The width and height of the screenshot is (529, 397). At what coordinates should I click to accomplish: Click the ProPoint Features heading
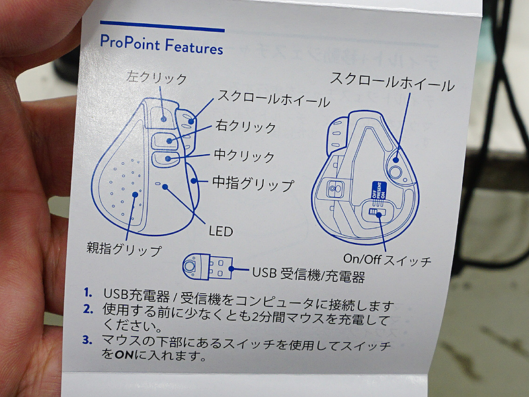[x=161, y=45]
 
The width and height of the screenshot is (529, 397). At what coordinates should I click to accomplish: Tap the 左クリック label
[x=157, y=77]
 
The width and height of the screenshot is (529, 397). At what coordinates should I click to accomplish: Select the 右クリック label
[x=246, y=126]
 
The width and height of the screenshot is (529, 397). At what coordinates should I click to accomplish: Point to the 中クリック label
[x=245, y=156]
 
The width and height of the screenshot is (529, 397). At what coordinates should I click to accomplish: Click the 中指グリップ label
[x=253, y=184]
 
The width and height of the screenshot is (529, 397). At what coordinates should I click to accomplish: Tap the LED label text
[x=221, y=231]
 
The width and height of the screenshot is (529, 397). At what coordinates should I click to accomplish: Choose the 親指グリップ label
[x=124, y=249]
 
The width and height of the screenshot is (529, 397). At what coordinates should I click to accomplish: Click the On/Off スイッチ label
[x=387, y=259]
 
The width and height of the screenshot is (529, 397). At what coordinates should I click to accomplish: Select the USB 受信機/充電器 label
[x=309, y=275]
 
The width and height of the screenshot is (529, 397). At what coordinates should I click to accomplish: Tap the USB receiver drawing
[x=208, y=267]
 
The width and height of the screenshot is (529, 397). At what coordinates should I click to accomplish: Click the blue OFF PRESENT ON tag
[x=378, y=191]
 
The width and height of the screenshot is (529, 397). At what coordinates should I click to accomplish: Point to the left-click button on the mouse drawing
[x=161, y=117]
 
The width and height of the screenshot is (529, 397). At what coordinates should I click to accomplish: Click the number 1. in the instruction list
[x=88, y=292]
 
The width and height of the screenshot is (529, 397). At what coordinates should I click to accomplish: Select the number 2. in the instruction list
[x=88, y=308]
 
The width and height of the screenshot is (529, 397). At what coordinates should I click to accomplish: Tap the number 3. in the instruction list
[x=87, y=339]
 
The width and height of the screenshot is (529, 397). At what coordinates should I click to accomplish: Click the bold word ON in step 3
[x=124, y=355]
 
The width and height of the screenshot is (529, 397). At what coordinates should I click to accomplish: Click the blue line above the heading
[x=162, y=26]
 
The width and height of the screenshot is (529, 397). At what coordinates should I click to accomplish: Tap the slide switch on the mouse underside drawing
[x=376, y=212]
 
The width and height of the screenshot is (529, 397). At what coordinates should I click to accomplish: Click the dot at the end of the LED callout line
[x=165, y=187]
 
